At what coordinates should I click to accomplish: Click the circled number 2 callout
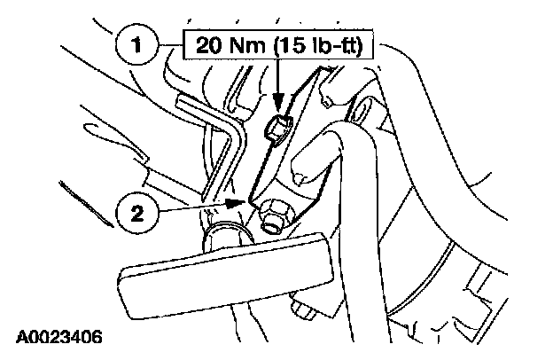(x=135, y=213)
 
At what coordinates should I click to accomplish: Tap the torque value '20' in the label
(x=202, y=43)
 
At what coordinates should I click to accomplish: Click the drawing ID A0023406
(x=58, y=338)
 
